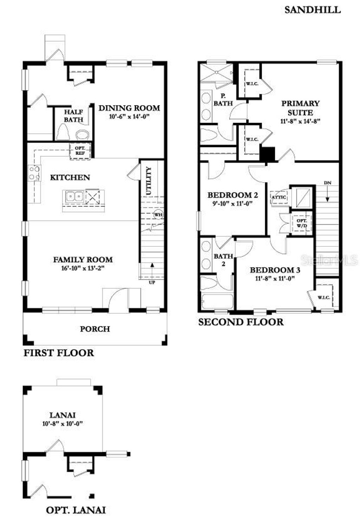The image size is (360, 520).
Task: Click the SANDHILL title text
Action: pos(312,10)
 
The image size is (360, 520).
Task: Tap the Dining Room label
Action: pos(129,108)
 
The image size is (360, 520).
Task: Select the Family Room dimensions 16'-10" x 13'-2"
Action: pos(83,268)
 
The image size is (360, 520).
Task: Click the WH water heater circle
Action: pos(158,214)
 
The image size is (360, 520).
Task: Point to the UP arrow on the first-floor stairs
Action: pos(152,271)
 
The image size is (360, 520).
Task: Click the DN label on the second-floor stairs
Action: pos(327,183)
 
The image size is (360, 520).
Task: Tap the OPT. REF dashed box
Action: pos(80,151)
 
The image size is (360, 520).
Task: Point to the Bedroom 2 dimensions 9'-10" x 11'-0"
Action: pos(230,203)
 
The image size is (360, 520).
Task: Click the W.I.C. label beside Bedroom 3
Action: pos(324,298)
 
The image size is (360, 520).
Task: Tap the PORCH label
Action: pos(95,329)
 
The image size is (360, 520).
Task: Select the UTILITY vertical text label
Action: pos(149,181)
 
